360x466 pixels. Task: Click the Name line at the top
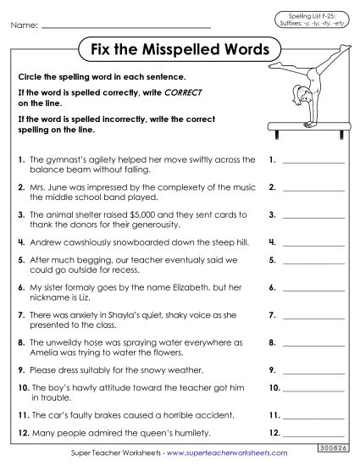[x=127, y=26]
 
